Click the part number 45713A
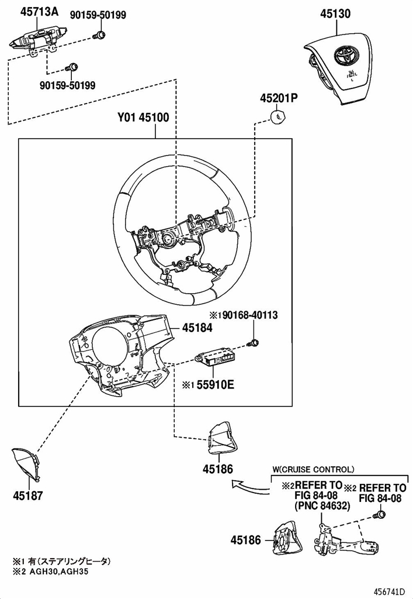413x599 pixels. tap(39, 12)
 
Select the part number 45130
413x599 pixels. tap(335, 14)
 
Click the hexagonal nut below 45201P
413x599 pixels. tap(278, 116)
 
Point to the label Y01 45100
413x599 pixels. tap(143, 117)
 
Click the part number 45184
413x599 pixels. tap(197, 328)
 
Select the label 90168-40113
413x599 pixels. tap(250, 315)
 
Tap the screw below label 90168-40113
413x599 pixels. tap(254, 343)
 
